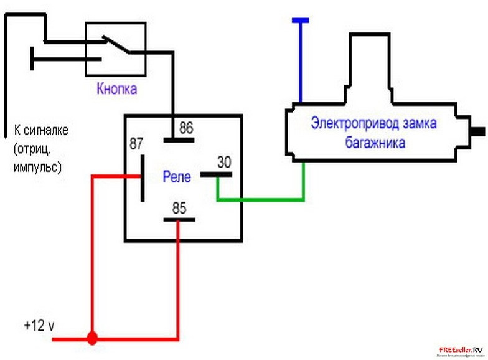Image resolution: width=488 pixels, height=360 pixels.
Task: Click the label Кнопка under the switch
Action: [x=116, y=88]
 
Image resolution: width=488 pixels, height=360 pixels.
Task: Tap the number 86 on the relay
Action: [x=186, y=129]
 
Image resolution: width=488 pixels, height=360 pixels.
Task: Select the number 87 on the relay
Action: [x=136, y=143]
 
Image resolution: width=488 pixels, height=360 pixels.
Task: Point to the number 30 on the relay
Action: [x=224, y=162]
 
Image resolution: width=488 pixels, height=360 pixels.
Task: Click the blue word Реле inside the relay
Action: [x=176, y=176]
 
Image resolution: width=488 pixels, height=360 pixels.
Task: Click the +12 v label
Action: [x=39, y=326]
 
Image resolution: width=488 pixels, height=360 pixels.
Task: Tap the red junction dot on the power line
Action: [x=92, y=339]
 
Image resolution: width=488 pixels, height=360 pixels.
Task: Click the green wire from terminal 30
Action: [x=261, y=200]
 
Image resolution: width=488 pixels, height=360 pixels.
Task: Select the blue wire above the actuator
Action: [x=300, y=62]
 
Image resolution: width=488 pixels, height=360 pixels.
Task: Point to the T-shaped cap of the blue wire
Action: [x=300, y=21]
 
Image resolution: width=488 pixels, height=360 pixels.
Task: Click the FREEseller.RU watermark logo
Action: [x=461, y=351]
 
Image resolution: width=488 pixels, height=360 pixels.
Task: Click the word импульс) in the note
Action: [x=37, y=168]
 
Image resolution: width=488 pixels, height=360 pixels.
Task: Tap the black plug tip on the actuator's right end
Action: [x=479, y=131]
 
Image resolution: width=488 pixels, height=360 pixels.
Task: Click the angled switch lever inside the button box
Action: [x=118, y=46]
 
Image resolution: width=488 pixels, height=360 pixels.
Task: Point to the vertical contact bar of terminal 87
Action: [x=143, y=178]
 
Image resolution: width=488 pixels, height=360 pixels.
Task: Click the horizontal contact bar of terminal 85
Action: [x=179, y=219]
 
